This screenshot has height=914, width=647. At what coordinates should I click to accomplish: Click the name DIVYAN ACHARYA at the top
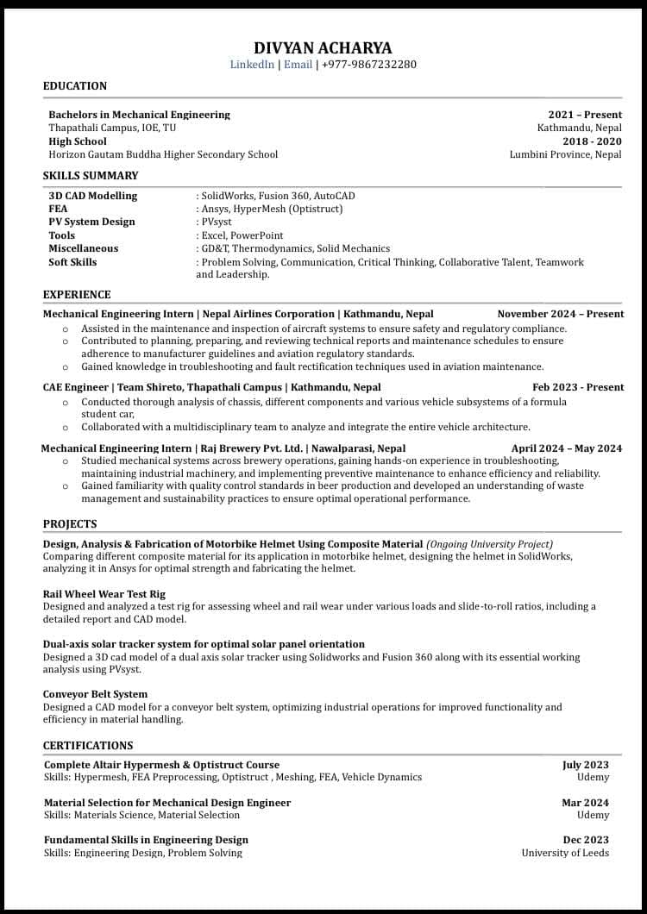coord(323,47)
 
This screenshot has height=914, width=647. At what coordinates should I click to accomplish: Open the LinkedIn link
coord(252,65)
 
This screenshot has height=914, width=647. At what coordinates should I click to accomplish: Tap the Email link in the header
coord(298,65)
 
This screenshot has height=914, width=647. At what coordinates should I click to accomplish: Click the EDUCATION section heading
coord(75,86)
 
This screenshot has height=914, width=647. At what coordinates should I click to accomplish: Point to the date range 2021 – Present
coord(585,115)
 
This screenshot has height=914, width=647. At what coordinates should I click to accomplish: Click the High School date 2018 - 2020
coord(592,141)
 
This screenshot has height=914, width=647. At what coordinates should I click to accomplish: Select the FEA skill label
coord(58,209)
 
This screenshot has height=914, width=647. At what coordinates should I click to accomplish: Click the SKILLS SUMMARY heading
coord(91,176)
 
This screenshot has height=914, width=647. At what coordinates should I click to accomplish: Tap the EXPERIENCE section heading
coord(77,295)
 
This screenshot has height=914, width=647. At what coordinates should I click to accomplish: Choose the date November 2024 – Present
coord(561,314)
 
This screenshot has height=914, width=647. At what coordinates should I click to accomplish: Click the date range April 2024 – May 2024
coord(567,448)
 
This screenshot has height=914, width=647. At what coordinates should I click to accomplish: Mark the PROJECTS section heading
coord(70,524)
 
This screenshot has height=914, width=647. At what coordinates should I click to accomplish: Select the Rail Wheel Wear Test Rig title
coord(104,594)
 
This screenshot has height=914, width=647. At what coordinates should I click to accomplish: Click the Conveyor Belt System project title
coord(95,694)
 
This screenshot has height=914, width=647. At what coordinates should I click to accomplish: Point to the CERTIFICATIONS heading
coord(88,746)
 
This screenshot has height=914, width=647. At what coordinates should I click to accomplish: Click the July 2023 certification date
coord(586,765)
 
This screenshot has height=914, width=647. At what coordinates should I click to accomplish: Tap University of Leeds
coord(565,853)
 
